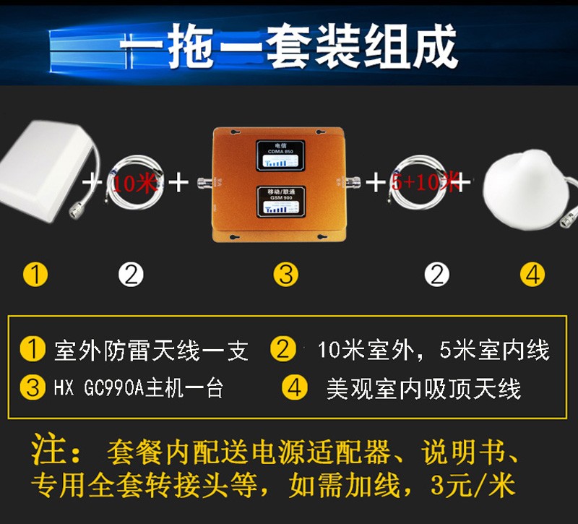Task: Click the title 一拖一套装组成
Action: click(289, 47)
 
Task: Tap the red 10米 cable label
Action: click(134, 182)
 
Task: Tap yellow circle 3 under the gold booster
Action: click(286, 275)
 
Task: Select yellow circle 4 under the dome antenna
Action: click(532, 275)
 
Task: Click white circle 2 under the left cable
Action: click(131, 275)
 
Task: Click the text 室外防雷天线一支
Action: click(152, 351)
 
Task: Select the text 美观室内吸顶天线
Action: click(423, 388)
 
